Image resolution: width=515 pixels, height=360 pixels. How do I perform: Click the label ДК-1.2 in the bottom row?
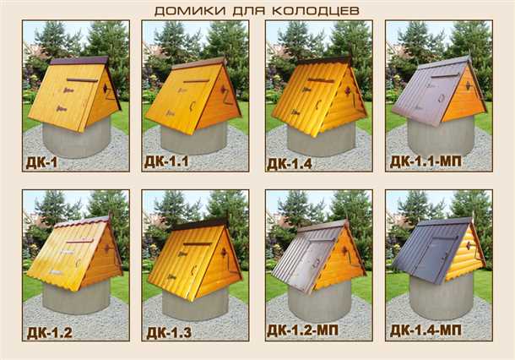click(49, 330)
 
